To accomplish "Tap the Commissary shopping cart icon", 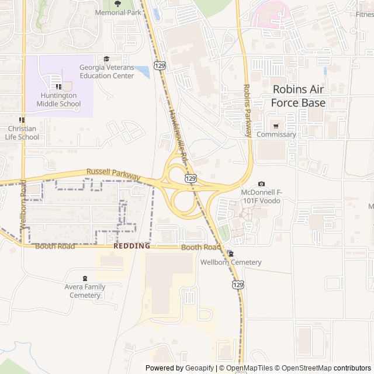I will [x=276, y=126].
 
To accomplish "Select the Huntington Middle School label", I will [x=58, y=99].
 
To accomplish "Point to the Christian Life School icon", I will [x=22, y=120].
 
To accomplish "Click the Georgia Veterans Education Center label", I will [x=107, y=71].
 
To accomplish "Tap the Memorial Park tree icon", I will [x=118, y=4].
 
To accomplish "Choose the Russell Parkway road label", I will [x=113, y=174].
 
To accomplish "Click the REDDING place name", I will [x=131, y=246].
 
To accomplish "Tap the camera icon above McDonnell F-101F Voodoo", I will [x=261, y=184].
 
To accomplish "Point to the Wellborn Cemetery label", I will [x=231, y=262].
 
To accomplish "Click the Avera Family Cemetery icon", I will [x=85, y=278].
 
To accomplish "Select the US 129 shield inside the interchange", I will [x=191, y=178].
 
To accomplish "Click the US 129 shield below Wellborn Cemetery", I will [x=237, y=285].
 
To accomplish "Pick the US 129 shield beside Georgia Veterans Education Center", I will [x=160, y=65].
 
